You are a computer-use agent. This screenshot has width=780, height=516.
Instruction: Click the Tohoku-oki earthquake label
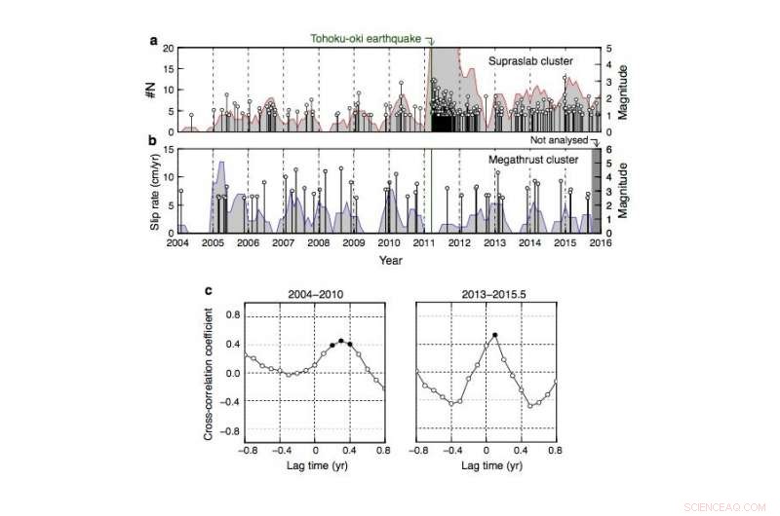tap(366, 38)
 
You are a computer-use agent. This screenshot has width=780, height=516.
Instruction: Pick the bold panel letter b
tap(152, 141)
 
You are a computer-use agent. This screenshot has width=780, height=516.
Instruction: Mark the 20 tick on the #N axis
tap(167, 48)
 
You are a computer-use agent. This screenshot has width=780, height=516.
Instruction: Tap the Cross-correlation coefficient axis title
tap(210, 373)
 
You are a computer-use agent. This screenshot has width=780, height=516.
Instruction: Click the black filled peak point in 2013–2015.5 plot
tap(495, 335)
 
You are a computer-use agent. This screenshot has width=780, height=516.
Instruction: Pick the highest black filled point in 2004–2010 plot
tap(340, 341)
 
